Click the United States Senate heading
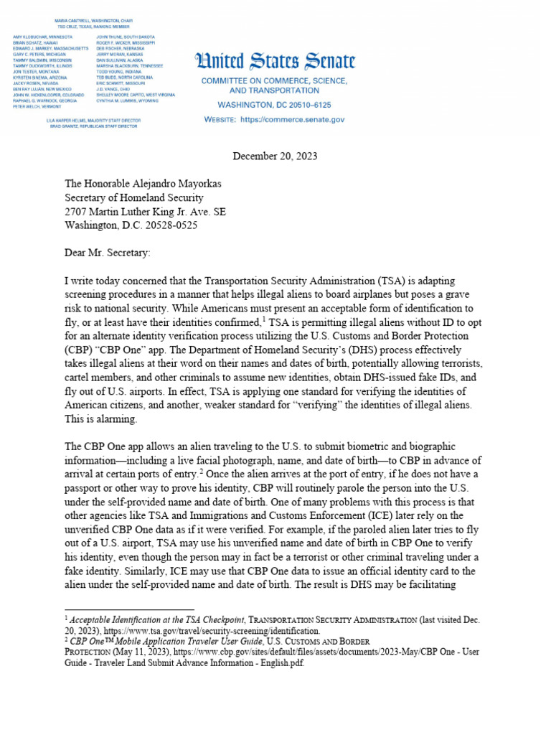pos(275,62)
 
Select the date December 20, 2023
pos(275,156)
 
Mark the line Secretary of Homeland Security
pos(134,197)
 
